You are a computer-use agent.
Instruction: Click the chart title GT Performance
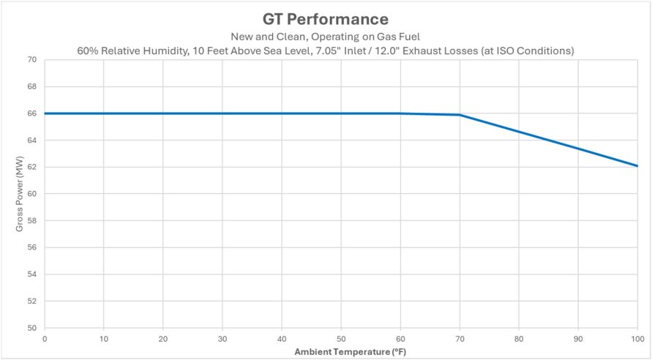tap(326, 18)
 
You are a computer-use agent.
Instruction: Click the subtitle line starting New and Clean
tap(326, 37)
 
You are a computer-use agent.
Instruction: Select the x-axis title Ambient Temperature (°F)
tap(340, 352)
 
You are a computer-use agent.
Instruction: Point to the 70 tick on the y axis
tap(31, 60)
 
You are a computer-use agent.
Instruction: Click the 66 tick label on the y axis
tap(31, 113)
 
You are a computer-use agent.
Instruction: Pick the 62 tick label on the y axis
tap(31, 167)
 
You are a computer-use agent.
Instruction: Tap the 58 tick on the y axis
tap(31, 221)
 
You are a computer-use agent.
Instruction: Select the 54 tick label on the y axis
tap(31, 274)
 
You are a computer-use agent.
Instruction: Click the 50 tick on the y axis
tap(31, 328)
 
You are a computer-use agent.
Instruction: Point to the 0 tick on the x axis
tap(45, 340)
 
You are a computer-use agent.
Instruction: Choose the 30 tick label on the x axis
tap(222, 340)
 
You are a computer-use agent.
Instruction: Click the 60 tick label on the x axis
tap(400, 340)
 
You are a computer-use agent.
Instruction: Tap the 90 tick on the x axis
tap(577, 340)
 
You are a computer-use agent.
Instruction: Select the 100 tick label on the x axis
tap(637, 340)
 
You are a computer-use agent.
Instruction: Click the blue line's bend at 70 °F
tap(459, 115)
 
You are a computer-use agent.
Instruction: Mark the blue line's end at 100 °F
tap(637, 166)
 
